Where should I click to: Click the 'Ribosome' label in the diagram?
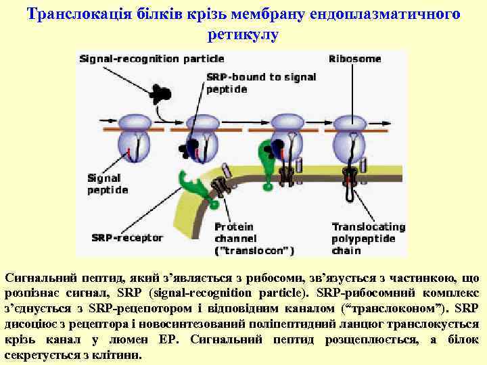(354, 59)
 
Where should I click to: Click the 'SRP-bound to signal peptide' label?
(260, 83)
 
